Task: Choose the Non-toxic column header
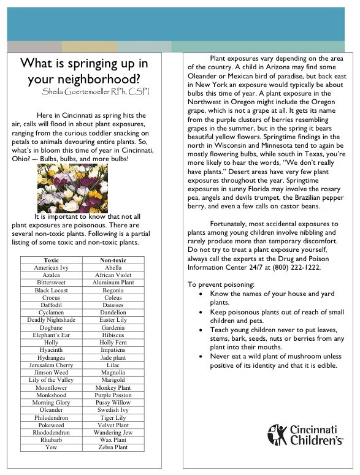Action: click(113, 260)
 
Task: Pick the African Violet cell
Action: click(113, 275)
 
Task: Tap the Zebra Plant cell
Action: click(113, 447)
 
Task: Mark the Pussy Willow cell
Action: click(113, 403)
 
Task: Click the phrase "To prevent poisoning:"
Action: click(222, 284)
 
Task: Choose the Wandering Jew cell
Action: click(113, 432)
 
